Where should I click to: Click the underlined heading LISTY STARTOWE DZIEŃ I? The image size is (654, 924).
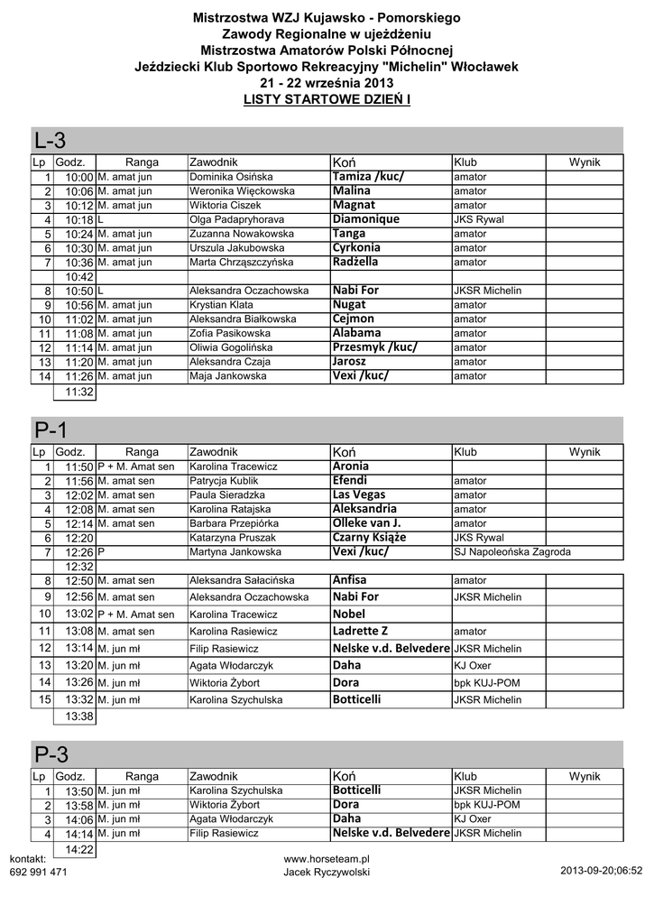pyautogui.click(x=327, y=97)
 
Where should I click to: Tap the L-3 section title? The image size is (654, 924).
pyautogui.click(x=50, y=141)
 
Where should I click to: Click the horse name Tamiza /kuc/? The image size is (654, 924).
pyautogui.click(x=369, y=177)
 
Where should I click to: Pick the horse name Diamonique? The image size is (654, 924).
pyautogui.click(x=365, y=219)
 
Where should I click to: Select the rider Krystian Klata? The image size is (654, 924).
pyautogui.click(x=222, y=305)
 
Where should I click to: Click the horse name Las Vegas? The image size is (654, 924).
pyautogui.click(x=359, y=494)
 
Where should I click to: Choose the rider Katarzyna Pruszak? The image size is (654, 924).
pyautogui.click(x=233, y=538)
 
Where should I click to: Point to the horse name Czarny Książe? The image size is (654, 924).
pyautogui.click(x=369, y=538)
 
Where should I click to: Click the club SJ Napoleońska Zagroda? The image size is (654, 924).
pyautogui.click(x=512, y=551)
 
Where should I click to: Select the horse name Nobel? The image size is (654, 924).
pyautogui.click(x=349, y=614)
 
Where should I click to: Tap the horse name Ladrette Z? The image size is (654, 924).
pyautogui.click(x=360, y=631)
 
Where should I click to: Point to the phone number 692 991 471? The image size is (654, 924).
pyautogui.click(x=38, y=873)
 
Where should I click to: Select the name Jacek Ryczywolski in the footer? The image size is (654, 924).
pyautogui.click(x=327, y=873)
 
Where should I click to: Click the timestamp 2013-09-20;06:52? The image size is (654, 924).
pyautogui.click(x=601, y=872)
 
